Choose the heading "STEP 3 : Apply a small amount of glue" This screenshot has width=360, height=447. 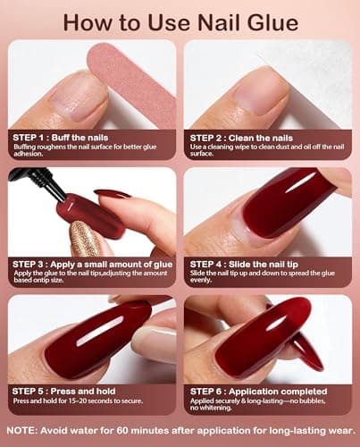point(89,265)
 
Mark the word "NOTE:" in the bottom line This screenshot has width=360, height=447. point(20,431)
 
